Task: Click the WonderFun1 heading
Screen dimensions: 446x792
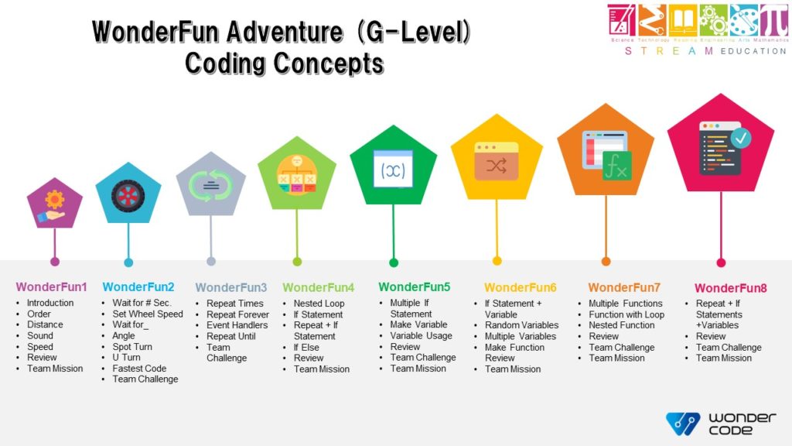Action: pyautogui.click(x=51, y=287)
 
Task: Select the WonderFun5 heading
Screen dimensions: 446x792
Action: pyautogui.click(x=414, y=287)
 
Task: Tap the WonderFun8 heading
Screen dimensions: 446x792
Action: pyautogui.click(x=730, y=289)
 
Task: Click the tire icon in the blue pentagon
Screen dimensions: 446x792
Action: pyautogui.click(x=128, y=195)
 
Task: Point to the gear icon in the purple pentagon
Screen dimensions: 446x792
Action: pyautogui.click(x=55, y=201)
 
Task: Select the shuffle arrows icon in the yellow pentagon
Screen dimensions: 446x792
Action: pyautogui.click(x=497, y=164)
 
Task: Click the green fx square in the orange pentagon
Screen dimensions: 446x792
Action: pyautogui.click(x=617, y=166)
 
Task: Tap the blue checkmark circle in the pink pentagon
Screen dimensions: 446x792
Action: pyautogui.click(x=741, y=138)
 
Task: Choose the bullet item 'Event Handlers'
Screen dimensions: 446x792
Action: pyautogui.click(x=237, y=325)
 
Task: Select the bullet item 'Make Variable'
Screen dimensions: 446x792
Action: pyautogui.click(x=418, y=324)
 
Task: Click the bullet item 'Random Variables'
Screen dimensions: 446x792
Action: pyautogui.click(x=521, y=325)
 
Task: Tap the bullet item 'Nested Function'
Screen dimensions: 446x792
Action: pyautogui.click(x=621, y=325)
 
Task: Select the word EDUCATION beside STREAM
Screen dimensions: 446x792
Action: pyautogui.click(x=752, y=51)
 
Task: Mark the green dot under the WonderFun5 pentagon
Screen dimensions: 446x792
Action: pyautogui.click(x=394, y=262)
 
